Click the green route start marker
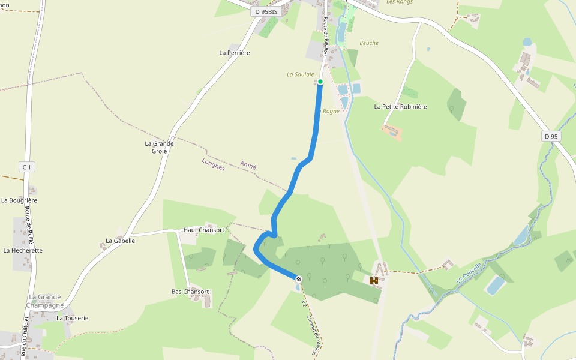pyautogui.click(x=320, y=82)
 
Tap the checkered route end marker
pyautogui.click(x=298, y=278)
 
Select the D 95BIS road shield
pyautogui.click(x=266, y=11)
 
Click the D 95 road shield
pyautogui.click(x=551, y=137)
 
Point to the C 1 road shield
pyautogui.click(x=25, y=167)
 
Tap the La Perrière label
pyautogui.click(x=234, y=53)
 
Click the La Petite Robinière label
pyautogui.click(x=400, y=107)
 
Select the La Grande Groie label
pyautogui.click(x=159, y=147)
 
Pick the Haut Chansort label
pyautogui.click(x=203, y=230)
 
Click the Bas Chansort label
pyautogui.click(x=190, y=292)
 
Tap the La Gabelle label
pyautogui.click(x=120, y=241)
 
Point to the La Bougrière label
pyautogui.click(x=19, y=200)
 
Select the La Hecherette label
pyautogui.click(x=23, y=250)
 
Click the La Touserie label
pyautogui.click(x=73, y=318)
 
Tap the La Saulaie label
pyautogui.click(x=300, y=74)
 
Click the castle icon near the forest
pyautogui.click(x=373, y=280)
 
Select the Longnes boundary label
pyautogui.click(x=213, y=164)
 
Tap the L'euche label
pyautogui.click(x=368, y=43)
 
